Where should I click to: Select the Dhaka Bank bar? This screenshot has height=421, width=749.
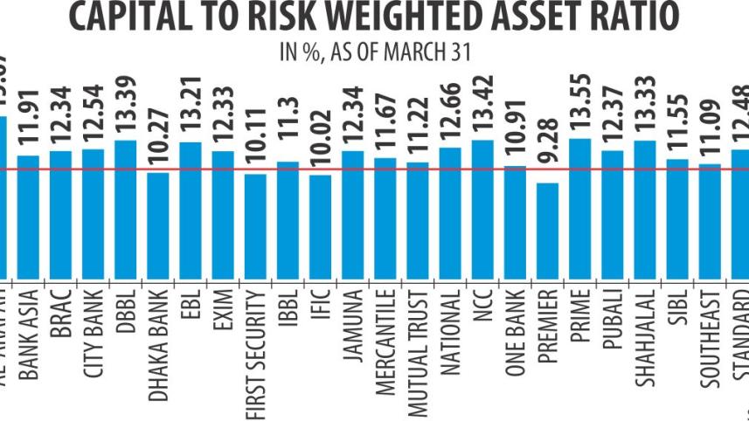[158, 224]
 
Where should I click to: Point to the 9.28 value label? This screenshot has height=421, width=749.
[547, 156]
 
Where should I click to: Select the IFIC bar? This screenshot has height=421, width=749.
[320, 225]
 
